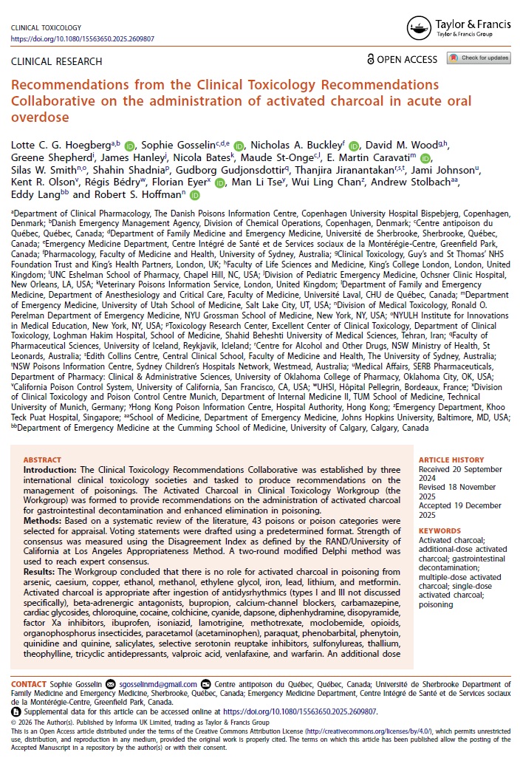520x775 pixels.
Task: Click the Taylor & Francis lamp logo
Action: (x=420, y=27)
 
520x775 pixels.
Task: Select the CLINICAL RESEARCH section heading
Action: (x=56, y=61)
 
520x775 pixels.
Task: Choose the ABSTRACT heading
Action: (x=43, y=460)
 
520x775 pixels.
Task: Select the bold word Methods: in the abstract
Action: (x=43, y=520)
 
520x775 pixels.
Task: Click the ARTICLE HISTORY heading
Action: (x=451, y=460)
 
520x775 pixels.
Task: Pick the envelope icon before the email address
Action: (x=111, y=684)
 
